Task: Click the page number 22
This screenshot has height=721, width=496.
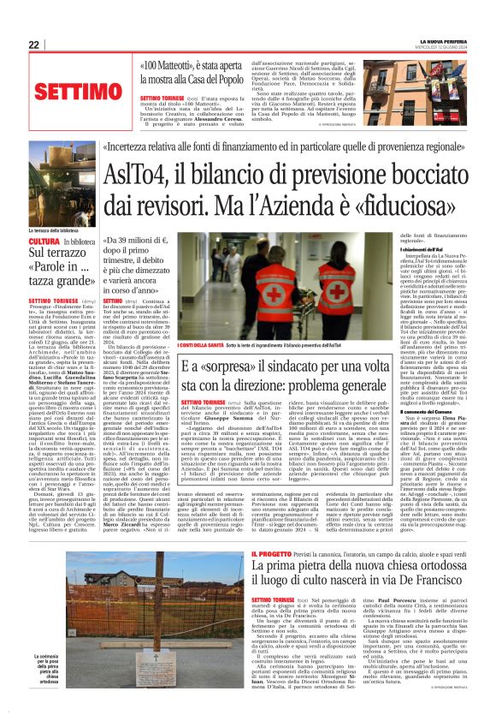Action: pos(33,45)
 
